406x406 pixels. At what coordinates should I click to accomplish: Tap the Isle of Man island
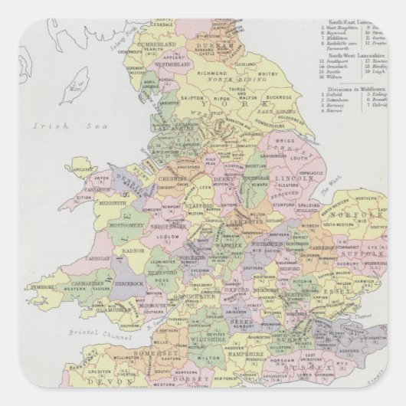(77, 77)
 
